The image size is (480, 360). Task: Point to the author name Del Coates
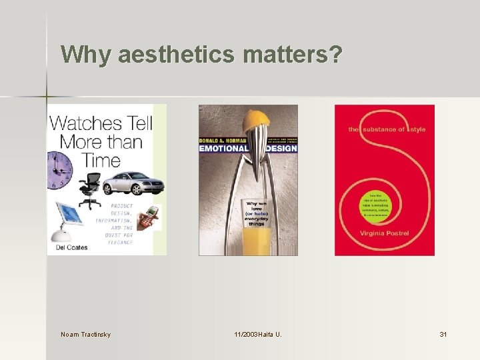69,247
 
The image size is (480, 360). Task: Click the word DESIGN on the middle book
280,148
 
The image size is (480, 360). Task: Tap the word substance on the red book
383,129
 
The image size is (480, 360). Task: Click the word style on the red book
419,129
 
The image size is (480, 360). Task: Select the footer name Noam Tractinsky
85,333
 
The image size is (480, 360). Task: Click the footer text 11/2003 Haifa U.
257,333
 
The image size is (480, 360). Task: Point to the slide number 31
443,333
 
